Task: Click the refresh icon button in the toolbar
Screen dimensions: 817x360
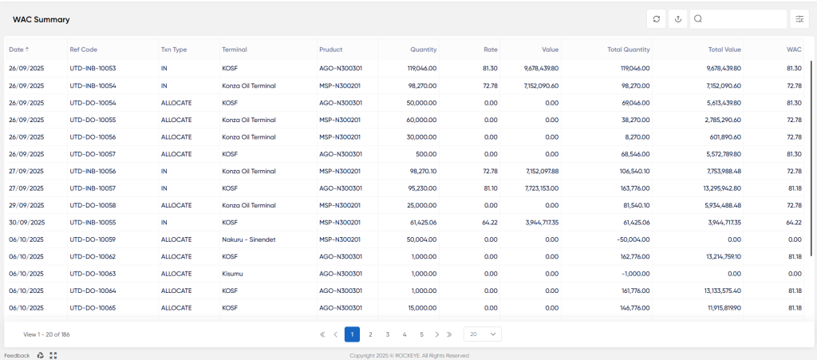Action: click(x=656, y=19)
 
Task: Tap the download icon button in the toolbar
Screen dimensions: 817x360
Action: click(x=678, y=19)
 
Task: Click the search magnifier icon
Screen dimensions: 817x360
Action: click(x=698, y=18)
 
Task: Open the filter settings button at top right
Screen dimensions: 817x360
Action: click(x=799, y=19)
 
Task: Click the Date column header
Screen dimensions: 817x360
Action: click(x=16, y=49)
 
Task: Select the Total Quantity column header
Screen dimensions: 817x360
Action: click(x=629, y=49)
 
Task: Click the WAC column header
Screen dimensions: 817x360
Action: click(x=794, y=49)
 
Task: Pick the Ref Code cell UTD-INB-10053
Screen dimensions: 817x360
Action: click(x=93, y=69)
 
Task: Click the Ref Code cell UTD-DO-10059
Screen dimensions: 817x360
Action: click(x=93, y=239)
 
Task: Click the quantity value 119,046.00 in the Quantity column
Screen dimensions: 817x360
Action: click(x=422, y=69)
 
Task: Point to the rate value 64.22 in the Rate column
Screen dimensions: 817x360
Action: click(x=491, y=223)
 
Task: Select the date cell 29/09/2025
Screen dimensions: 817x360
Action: click(x=26, y=205)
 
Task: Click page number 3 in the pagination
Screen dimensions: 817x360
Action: click(x=388, y=334)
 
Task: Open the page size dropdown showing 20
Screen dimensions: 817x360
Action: click(x=483, y=334)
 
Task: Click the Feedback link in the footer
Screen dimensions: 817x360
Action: click(x=18, y=355)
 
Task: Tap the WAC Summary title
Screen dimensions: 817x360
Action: click(x=41, y=20)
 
